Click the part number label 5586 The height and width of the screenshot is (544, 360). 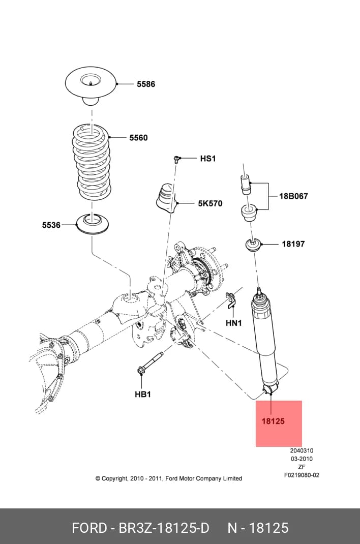tap(145, 84)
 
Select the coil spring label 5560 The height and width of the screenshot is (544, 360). tap(138, 138)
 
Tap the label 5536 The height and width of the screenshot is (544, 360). tap(51, 225)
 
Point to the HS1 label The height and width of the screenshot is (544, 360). tap(208, 159)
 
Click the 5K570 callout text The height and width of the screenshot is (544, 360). tap(210, 203)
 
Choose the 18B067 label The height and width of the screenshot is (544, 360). tap(293, 196)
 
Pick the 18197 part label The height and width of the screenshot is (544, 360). tap(293, 244)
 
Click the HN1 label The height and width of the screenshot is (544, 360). tap(234, 323)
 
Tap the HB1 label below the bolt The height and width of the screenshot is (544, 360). tap(143, 395)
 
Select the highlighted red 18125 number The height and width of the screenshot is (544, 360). tap(273, 421)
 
